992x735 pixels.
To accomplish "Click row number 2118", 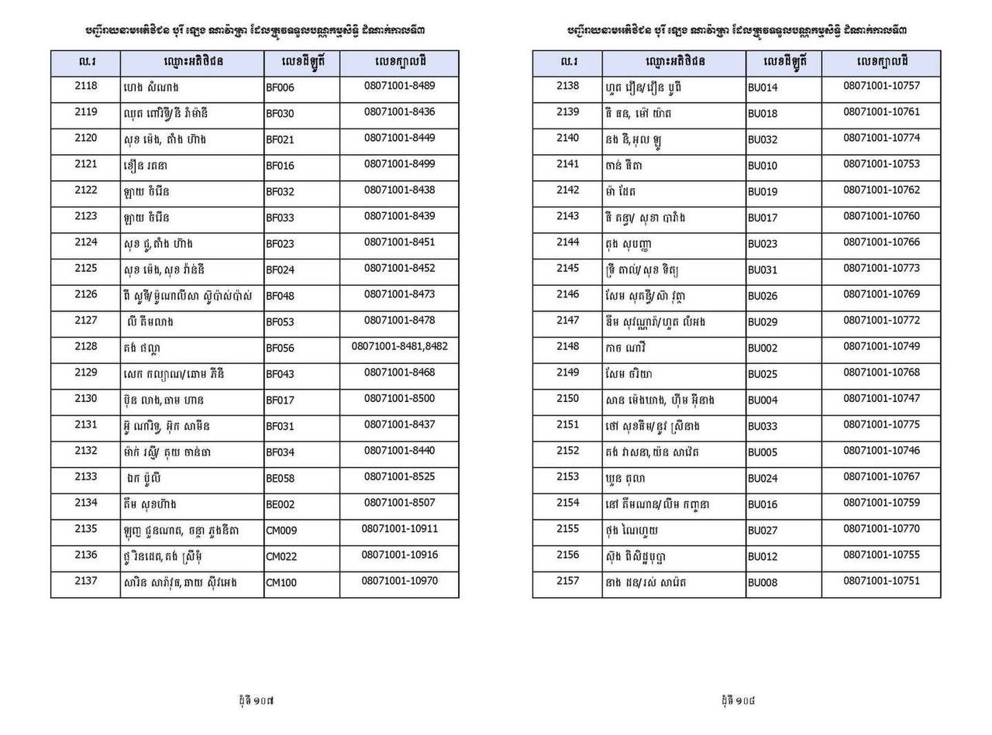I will pos(85,86).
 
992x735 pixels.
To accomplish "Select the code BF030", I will pos(280,114).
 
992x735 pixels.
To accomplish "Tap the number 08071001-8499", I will pos(399,163).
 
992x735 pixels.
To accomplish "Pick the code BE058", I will pos(280,479).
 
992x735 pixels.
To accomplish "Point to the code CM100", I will pos(281,582).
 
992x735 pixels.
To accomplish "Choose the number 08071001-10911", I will pos(399,529).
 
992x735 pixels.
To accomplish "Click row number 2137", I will pos(85,581).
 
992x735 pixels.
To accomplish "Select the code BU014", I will pos(763,88).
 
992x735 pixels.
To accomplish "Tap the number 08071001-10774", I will pos(881,138).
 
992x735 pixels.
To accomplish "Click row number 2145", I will pos(567,268).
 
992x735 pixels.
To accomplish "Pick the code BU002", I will pos(763,349).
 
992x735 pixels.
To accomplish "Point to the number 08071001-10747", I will pos(881,398).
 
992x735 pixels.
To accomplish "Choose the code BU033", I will pos(763,427).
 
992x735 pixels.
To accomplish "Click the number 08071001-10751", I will pos(881,581).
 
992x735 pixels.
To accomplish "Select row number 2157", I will pos(567,581).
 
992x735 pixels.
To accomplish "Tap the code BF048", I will pos(280,296).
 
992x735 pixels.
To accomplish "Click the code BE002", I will pos(280,504).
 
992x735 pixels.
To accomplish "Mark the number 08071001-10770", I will pos(881,529).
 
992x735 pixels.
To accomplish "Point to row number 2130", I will pos(85,398).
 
